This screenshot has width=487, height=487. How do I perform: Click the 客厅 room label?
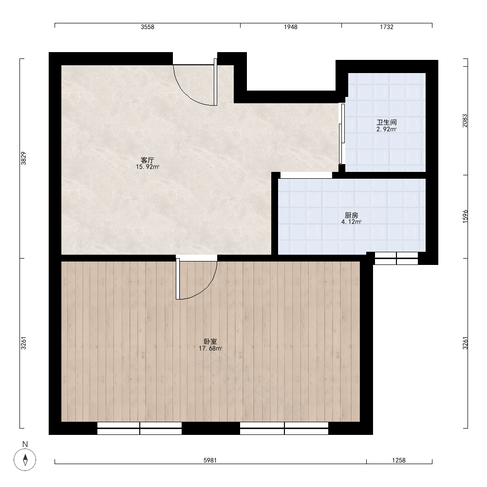tap(148, 160)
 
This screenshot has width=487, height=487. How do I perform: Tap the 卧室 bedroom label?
tap(210, 342)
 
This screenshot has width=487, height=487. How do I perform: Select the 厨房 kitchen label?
tap(352, 215)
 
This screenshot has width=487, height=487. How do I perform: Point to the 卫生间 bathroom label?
tap(387, 122)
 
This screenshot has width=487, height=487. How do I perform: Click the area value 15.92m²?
tap(148, 167)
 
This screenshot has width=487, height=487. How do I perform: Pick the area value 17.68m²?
tap(210, 349)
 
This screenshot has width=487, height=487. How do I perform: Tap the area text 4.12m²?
tap(352, 222)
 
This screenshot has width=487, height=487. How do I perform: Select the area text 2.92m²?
tap(387, 129)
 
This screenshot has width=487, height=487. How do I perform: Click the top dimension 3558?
tap(148, 27)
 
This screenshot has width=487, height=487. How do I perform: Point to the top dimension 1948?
tap(291, 27)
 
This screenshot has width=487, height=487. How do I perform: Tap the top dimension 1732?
tap(387, 27)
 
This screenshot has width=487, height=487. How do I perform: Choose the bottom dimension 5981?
tap(210, 460)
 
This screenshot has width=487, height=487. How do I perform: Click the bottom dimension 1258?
tap(399, 460)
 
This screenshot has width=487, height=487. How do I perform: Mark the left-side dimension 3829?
tap(23, 158)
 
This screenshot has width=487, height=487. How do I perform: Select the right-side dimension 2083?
tap(465, 120)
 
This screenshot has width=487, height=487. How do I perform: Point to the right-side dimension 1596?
tap(465, 217)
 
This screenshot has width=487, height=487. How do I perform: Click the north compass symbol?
tap(25, 459)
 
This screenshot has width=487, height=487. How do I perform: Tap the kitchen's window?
tap(396, 259)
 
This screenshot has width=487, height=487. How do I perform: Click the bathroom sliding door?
tap(342, 133)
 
